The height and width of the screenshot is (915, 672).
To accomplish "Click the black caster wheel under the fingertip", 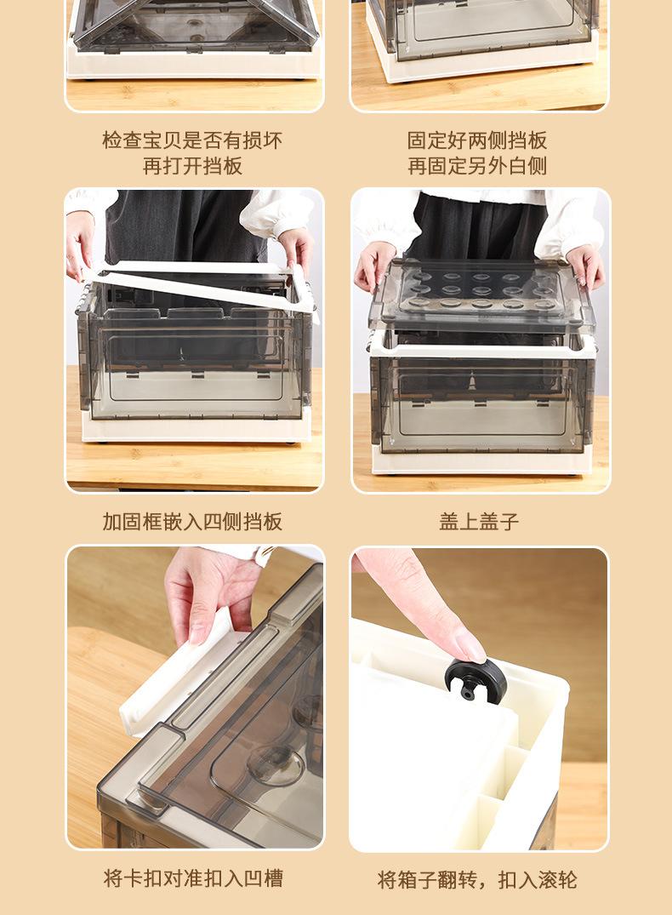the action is (x=476, y=678).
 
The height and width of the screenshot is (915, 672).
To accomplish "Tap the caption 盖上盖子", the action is (x=479, y=521).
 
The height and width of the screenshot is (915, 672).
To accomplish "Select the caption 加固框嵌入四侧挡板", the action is (x=192, y=521).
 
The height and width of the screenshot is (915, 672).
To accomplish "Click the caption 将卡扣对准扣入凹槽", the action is (x=193, y=878).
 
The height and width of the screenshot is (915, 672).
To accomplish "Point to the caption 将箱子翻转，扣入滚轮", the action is (x=477, y=879).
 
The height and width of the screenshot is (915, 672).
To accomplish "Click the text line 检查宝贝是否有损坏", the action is (x=192, y=140).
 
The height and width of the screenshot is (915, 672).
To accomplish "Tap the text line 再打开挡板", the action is (x=192, y=166).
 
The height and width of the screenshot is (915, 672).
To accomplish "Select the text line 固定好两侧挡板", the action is (x=477, y=140).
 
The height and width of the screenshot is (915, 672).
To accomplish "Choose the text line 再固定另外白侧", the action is (x=477, y=166).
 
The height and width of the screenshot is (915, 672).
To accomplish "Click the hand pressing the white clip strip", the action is (x=213, y=595).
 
